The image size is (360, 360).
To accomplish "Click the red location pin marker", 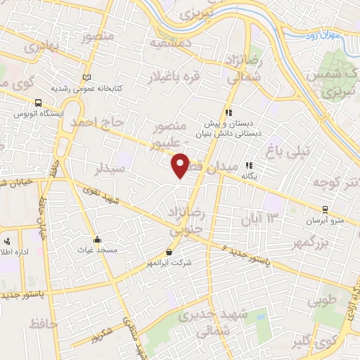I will tap(181, 165).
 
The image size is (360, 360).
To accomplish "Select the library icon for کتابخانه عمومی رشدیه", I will tap(86, 77).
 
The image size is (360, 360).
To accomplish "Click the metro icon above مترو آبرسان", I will tap(324, 209).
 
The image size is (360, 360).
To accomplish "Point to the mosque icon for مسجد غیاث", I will tap(98, 239).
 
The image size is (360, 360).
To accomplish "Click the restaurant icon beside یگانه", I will tap(247, 167).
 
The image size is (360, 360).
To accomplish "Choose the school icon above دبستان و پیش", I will tap(228, 112).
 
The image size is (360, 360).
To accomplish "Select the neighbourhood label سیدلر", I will tap(111, 169).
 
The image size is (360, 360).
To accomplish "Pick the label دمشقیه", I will tap(168, 43).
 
